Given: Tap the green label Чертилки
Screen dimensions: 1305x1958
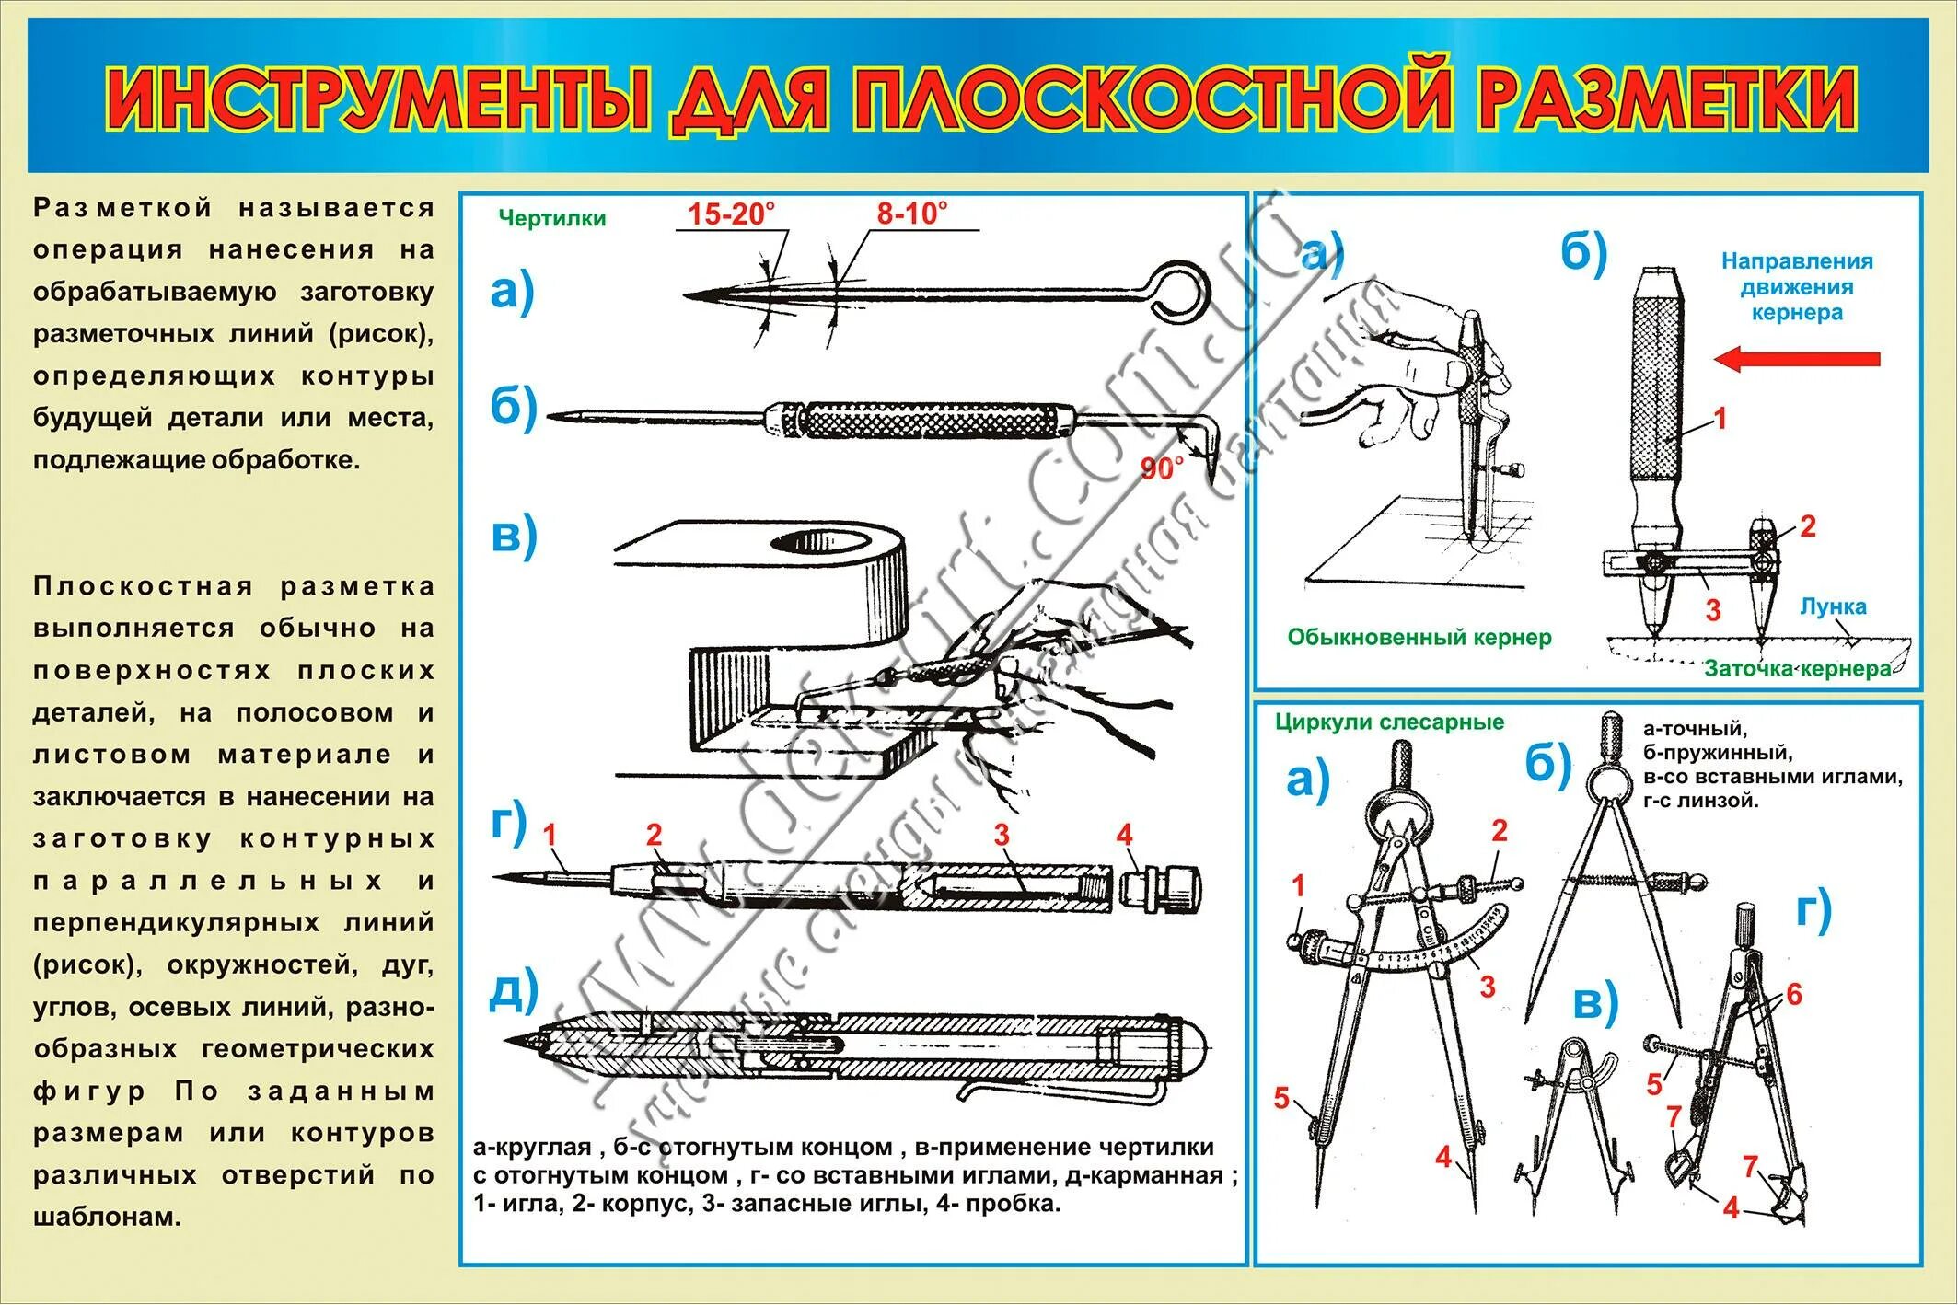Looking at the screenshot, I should (551, 218).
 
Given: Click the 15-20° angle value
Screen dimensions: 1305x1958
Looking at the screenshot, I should (731, 214).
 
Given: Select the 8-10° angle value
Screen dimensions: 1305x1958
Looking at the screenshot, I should (911, 214).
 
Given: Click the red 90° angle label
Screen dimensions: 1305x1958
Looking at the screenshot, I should (1161, 469).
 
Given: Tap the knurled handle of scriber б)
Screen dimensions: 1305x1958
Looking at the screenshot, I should (930, 420).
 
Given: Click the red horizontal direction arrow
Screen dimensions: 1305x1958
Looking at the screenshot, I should (1796, 359).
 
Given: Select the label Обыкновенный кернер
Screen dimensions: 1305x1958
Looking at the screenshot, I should (1419, 637).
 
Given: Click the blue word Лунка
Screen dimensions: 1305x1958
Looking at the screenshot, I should (1833, 606).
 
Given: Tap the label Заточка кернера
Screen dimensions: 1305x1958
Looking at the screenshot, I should (1797, 669).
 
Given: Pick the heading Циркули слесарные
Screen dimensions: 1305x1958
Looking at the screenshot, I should (1389, 722).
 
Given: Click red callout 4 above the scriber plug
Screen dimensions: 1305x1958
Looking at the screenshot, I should (1124, 835).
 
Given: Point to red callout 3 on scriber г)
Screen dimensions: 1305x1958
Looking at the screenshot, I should (1002, 835).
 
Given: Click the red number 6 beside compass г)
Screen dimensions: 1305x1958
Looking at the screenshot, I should (1793, 994).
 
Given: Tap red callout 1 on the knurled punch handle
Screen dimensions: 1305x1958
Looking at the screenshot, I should (1720, 419).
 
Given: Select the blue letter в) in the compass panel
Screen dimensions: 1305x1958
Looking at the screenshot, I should (1594, 1003).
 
